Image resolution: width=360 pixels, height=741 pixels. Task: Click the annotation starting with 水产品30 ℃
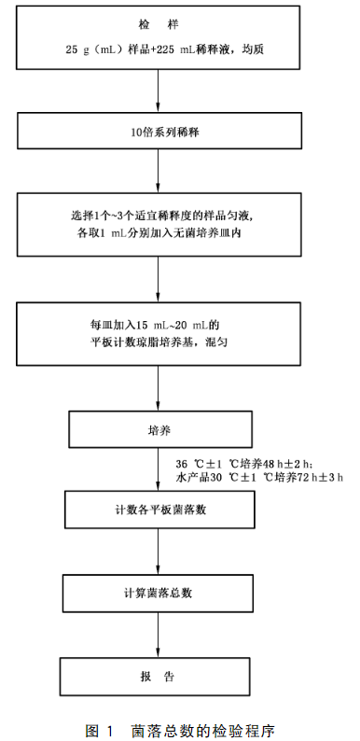click(258, 478)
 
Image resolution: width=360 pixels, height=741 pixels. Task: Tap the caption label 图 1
click(99, 729)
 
